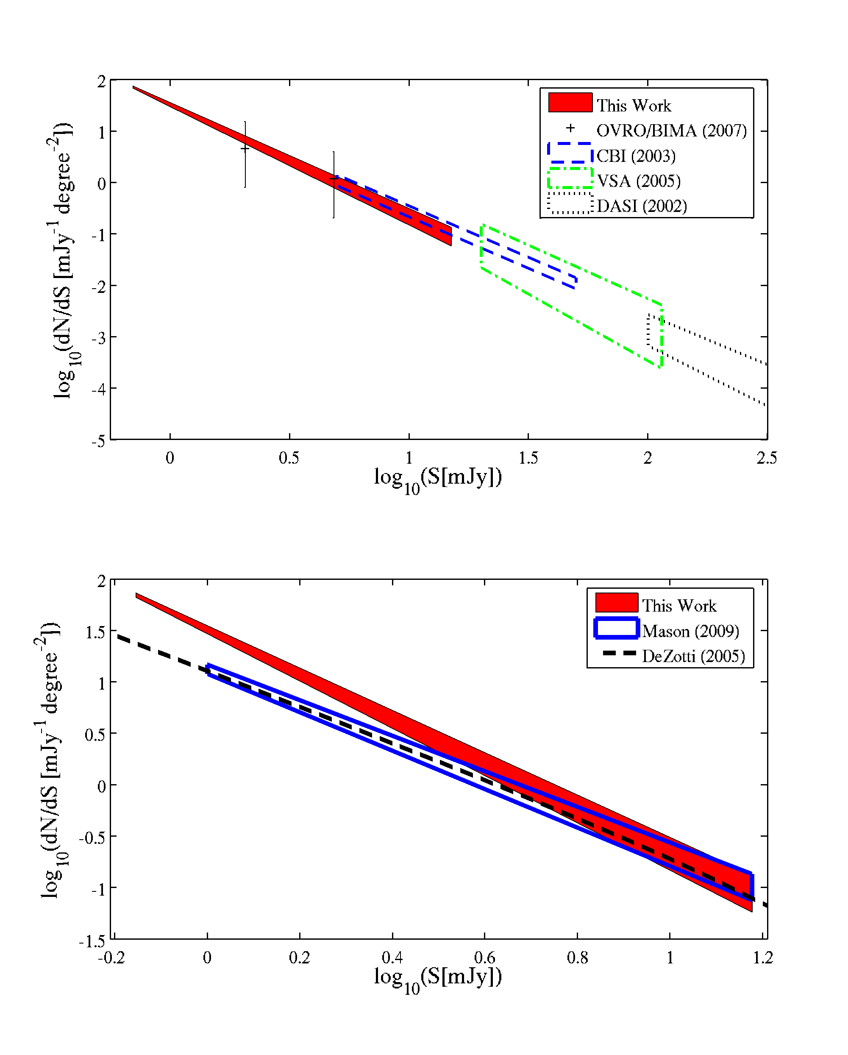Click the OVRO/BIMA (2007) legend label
pyautogui.click(x=671, y=131)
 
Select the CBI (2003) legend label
pyautogui.click(x=636, y=156)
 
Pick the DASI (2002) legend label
pyautogui.click(x=642, y=206)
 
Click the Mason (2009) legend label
pyautogui.click(x=690, y=631)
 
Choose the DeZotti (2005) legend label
pyautogui.click(x=693, y=656)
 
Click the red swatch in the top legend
pyautogui.click(x=570, y=103)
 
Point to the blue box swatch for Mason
pyautogui.click(x=617, y=629)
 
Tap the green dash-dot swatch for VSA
pyautogui.click(x=570, y=178)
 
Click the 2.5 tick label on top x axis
pyautogui.click(x=766, y=458)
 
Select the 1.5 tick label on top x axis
pyautogui.click(x=528, y=458)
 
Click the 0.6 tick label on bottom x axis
pyautogui.click(x=484, y=958)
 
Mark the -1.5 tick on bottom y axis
pyautogui.click(x=92, y=941)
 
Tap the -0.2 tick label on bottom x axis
pyautogui.click(x=111, y=958)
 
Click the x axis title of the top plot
pyautogui.click(x=437, y=478)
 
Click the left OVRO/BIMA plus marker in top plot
pyautogui.click(x=245, y=148)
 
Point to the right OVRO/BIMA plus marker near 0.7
pyautogui.click(x=334, y=180)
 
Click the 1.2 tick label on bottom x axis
pyautogui.click(x=762, y=958)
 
